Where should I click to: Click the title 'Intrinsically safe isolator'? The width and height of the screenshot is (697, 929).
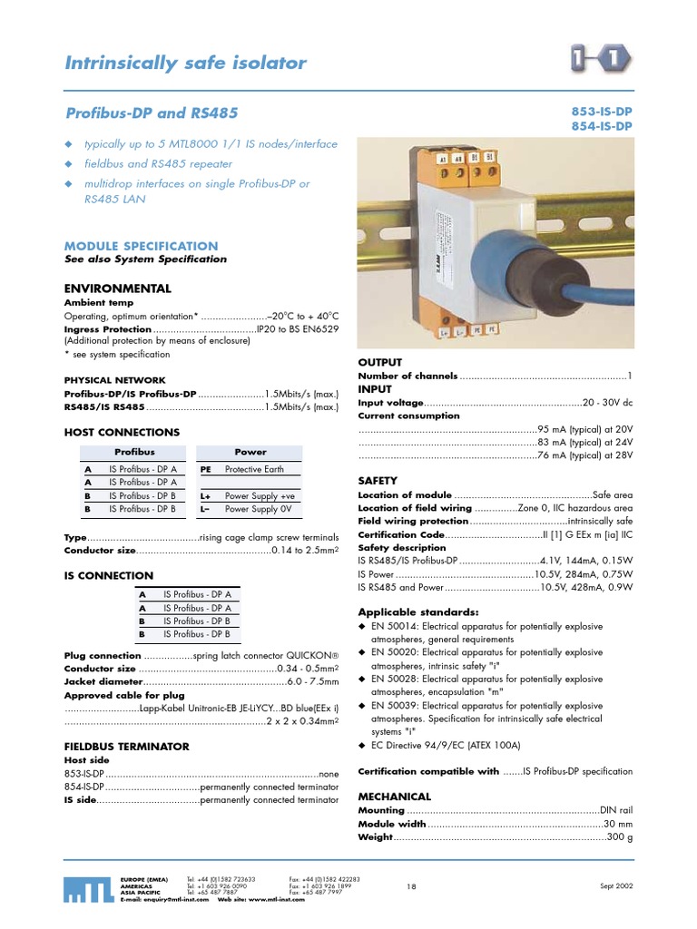186,63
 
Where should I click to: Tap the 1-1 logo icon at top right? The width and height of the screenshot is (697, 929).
602,62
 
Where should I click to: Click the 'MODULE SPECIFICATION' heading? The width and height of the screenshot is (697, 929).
141,246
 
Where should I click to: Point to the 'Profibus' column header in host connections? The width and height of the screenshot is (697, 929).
134,452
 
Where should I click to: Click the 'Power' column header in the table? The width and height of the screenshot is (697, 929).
250,452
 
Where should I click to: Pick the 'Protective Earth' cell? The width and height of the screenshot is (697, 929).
254,469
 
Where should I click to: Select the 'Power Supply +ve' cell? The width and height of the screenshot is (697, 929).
260,496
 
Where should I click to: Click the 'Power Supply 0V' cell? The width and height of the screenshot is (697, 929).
258,510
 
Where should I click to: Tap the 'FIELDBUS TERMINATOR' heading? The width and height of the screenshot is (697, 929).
126,747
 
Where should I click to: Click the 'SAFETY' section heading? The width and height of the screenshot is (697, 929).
378,480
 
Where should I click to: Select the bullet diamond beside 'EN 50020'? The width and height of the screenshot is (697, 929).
363,652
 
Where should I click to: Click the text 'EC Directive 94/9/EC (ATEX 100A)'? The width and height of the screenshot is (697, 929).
447,745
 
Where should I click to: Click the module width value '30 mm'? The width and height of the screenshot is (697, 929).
618,824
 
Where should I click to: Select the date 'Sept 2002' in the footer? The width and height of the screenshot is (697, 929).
615,885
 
